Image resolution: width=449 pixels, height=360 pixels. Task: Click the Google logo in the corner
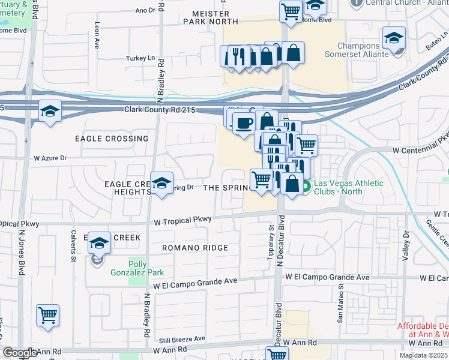[20, 353]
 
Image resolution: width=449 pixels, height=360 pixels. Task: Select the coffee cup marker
[243, 124]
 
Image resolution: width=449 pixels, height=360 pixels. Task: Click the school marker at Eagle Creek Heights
[161, 184]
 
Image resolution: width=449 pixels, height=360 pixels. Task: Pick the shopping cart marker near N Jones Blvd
[47, 314]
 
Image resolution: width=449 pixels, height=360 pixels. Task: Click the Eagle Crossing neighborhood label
[112, 139]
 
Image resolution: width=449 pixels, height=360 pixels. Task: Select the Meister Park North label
[211, 17]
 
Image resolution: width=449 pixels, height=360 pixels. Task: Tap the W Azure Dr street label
[50, 158]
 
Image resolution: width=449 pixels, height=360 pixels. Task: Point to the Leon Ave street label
[96, 36]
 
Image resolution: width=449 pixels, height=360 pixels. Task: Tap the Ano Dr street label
[145, 10]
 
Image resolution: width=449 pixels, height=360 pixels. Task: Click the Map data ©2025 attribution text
[423, 355]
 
